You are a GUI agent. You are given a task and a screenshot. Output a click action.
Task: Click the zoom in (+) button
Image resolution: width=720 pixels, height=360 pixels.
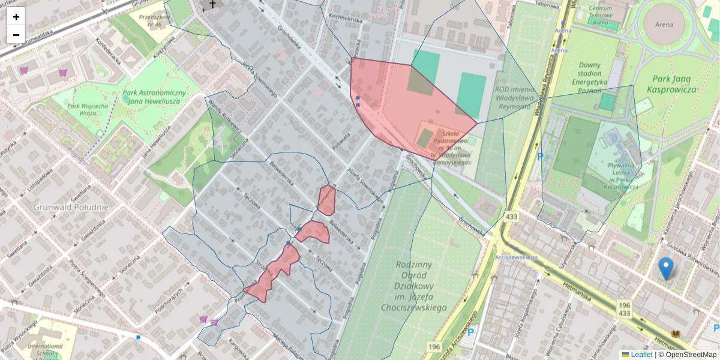coord(16,17)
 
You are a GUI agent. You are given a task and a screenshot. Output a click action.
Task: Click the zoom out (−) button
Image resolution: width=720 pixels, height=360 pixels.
coord(16,34)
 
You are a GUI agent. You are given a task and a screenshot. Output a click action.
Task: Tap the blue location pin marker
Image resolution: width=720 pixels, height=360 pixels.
coord(665,268)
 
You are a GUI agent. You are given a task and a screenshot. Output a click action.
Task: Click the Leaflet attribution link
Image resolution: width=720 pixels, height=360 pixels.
coord(640,355)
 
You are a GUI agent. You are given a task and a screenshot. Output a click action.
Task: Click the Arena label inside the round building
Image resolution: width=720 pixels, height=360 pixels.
coord(664,25)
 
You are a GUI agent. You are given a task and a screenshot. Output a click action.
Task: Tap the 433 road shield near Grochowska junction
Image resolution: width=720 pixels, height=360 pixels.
coord(511,216)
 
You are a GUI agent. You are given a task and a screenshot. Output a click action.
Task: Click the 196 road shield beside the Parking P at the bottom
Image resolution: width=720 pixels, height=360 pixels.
coord(434,346)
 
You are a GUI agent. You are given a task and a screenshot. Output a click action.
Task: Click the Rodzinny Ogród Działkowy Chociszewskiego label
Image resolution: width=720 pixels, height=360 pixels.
coord(414,286)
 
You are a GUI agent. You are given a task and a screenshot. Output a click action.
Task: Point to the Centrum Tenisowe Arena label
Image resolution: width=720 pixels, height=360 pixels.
coord(601,15)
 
